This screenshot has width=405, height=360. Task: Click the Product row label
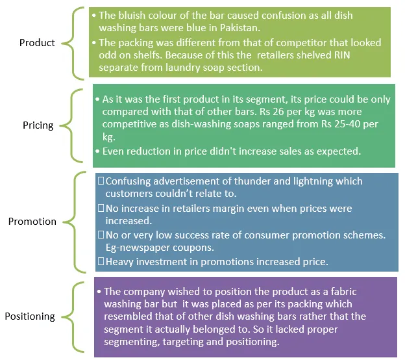pos(37,43)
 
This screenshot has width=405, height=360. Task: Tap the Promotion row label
pos(32,222)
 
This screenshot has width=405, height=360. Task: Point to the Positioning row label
pos(30,316)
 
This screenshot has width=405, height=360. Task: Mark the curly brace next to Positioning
pos(78,316)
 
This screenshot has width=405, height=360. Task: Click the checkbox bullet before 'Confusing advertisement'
pos(99,181)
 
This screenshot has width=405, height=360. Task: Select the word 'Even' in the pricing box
pos(116,151)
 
